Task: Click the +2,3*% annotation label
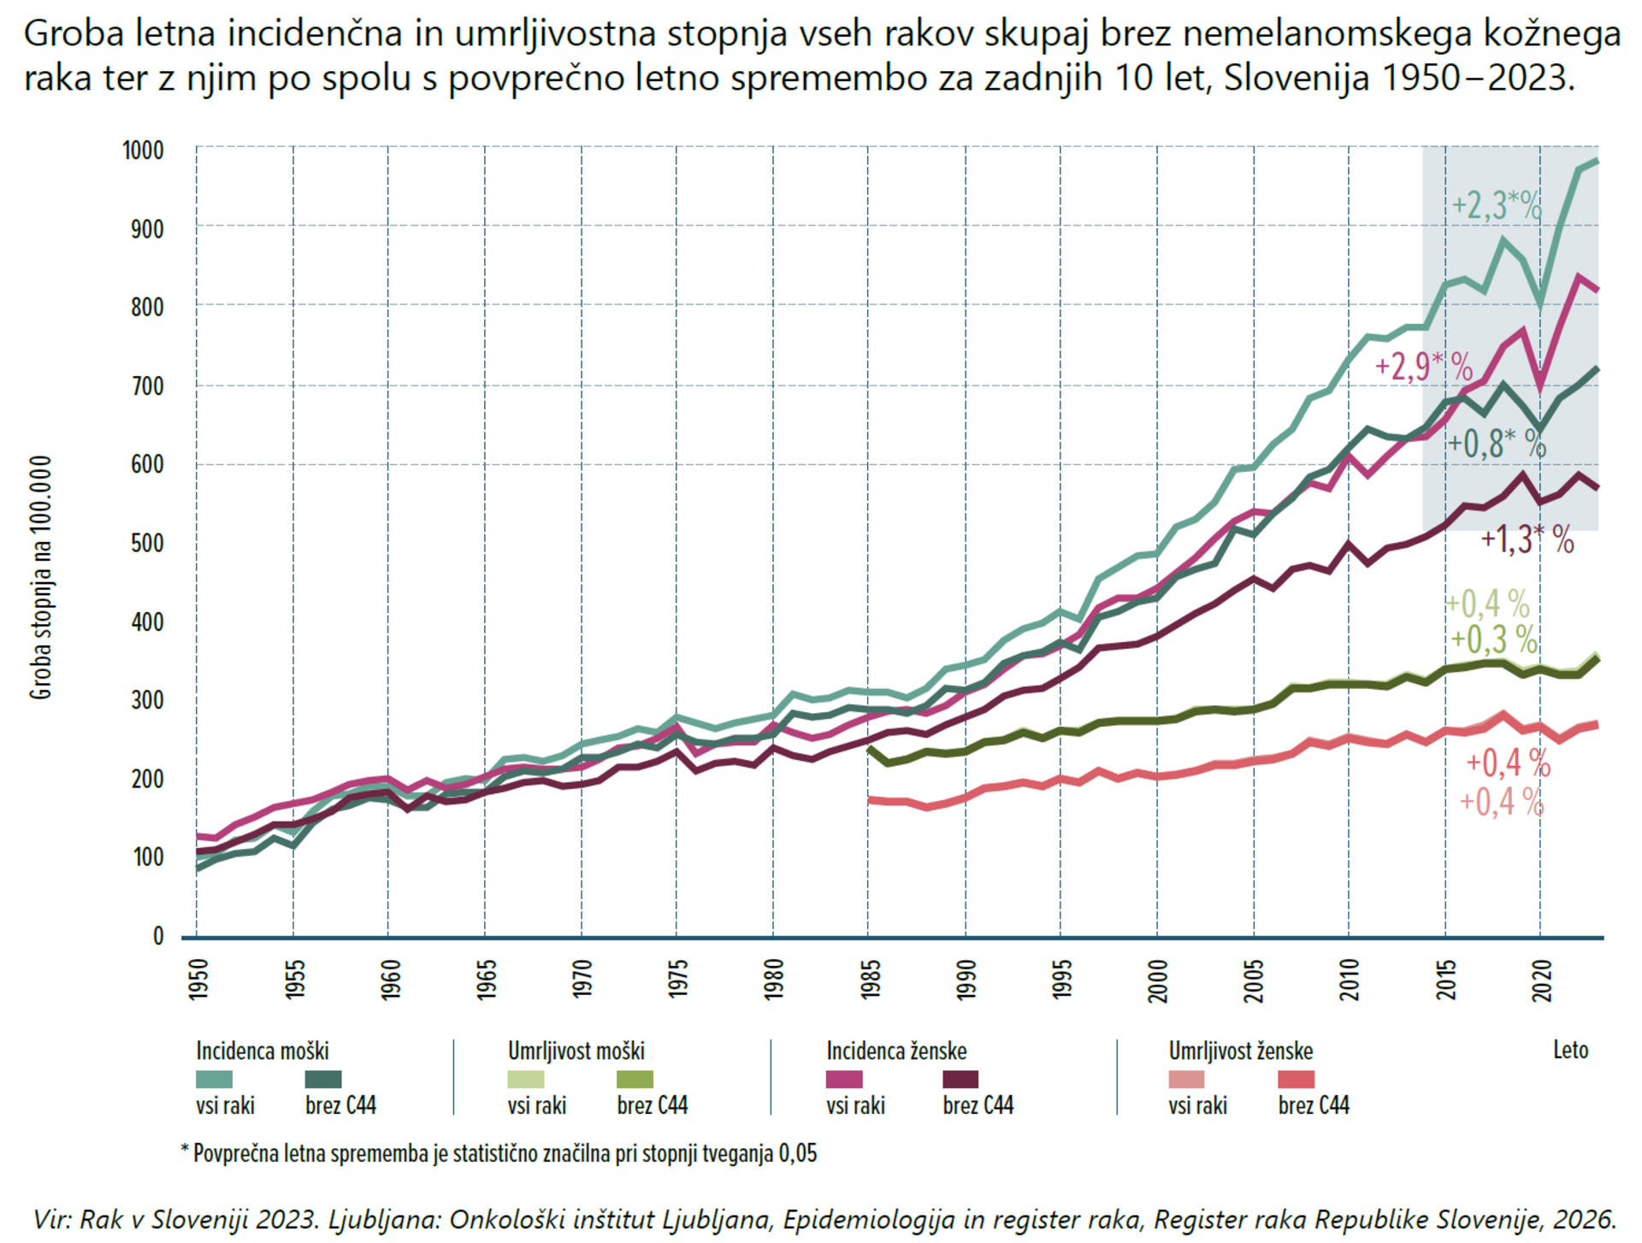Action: [x=1497, y=206]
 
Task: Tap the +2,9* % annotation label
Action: [x=1424, y=367]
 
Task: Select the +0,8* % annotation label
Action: [x=1497, y=444]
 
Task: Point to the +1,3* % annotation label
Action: [x=1527, y=539]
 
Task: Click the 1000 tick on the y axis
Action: [x=143, y=150]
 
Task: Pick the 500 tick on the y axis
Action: [x=147, y=544]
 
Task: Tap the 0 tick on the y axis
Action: [x=158, y=937]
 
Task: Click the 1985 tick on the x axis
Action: [x=871, y=979]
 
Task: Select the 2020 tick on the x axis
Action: [x=1543, y=979]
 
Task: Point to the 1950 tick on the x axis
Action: [x=198, y=979]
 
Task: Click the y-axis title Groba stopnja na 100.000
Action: [x=41, y=578]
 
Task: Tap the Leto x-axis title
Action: [x=1571, y=1051]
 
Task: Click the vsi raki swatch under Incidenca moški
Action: [x=214, y=1080]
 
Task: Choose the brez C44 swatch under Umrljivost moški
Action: [x=635, y=1080]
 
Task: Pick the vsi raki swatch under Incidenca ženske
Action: [x=844, y=1080]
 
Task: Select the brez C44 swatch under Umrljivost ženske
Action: [x=1296, y=1080]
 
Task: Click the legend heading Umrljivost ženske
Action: [x=1241, y=1051]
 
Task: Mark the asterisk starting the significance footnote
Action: [x=185, y=1149]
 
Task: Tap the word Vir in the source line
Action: [x=50, y=1218]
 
